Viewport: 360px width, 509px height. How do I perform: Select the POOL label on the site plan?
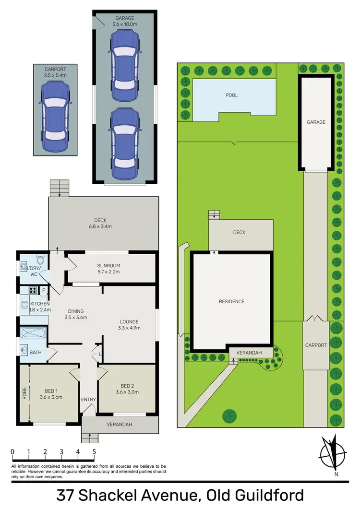232,95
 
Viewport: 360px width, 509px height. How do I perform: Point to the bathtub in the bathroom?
33,333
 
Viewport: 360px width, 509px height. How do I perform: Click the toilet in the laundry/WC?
40,260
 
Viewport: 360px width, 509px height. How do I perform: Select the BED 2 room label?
127,386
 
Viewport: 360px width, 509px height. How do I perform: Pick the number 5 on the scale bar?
94,452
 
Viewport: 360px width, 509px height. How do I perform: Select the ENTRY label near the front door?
88,399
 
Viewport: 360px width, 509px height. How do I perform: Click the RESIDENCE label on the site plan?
232,301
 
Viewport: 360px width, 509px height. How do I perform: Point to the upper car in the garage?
125,66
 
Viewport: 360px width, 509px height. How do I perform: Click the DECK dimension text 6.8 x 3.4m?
103,226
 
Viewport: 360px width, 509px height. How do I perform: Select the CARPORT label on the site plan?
316,345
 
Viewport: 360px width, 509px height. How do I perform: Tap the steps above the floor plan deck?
60,188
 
